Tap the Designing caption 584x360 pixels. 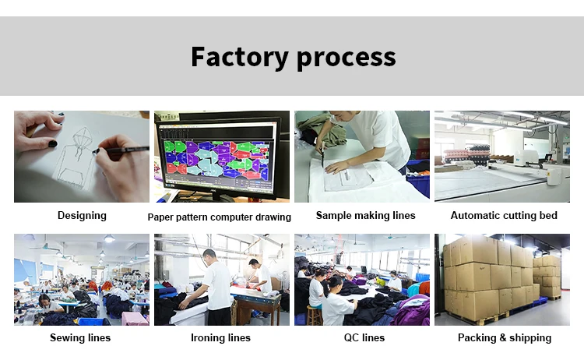point(82,215)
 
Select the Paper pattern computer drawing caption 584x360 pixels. point(220,217)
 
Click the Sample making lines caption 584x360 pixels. point(365,215)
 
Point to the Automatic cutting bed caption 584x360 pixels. point(504,215)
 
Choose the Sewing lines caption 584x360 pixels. point(80,337)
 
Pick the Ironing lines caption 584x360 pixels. point(220,337)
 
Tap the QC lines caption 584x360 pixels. point(363,337)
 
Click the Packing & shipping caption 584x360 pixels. point(504,337)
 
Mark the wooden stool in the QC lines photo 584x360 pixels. point(315,315)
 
